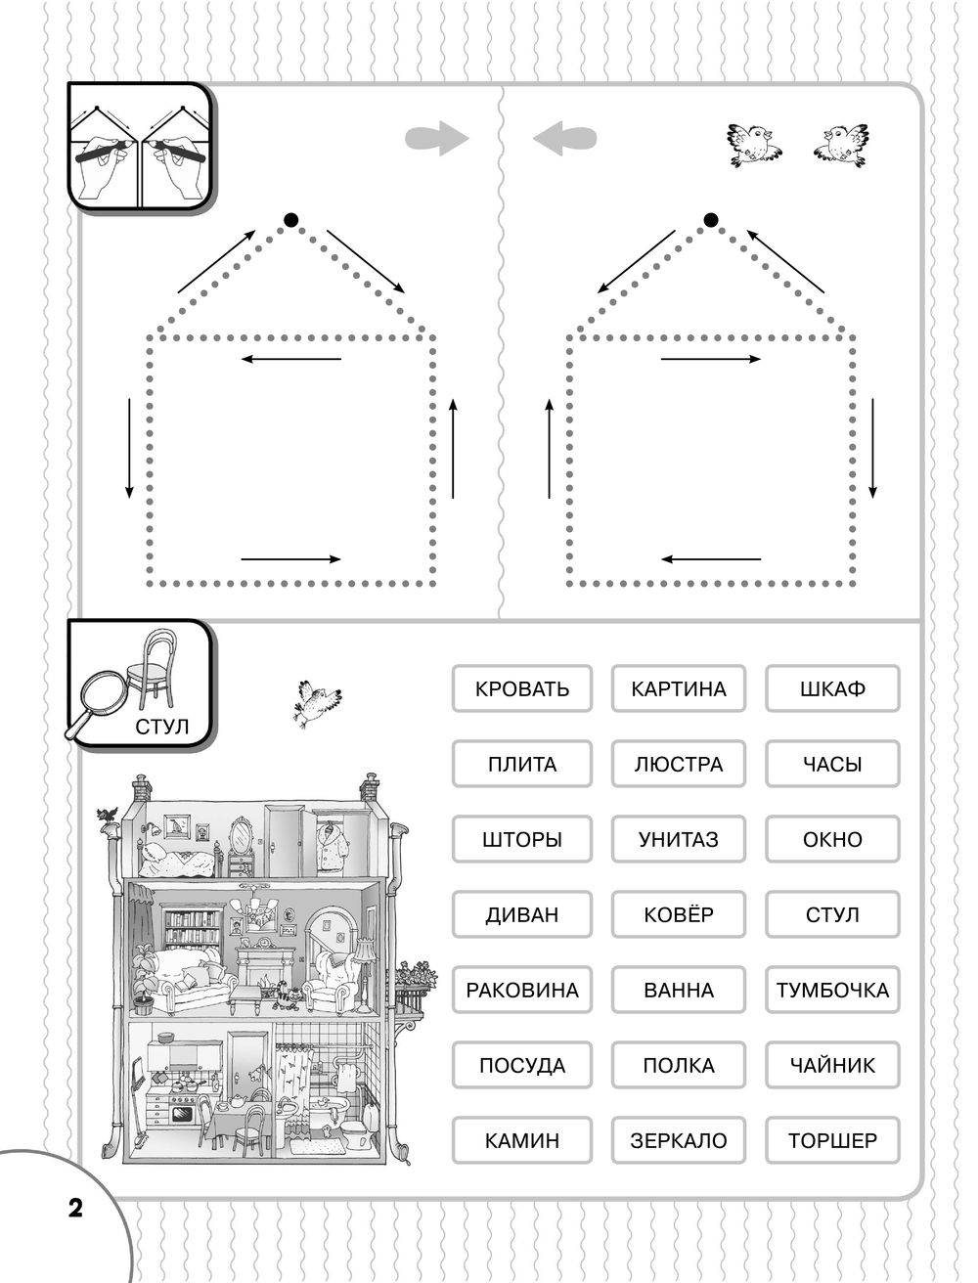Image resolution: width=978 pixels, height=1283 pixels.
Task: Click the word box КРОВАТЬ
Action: coord(521,688)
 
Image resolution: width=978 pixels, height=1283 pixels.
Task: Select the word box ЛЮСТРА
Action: coord(679,764)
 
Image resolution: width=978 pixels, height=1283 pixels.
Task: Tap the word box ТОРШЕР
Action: coord(832,1140)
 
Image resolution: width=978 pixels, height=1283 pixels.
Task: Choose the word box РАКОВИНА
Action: coord(521,990)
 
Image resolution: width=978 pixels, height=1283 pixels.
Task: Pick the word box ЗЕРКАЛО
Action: coord(679,1140)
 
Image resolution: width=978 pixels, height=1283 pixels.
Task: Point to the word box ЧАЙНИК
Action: coord(832,1065)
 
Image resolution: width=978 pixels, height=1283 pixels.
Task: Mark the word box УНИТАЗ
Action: coord(679,839)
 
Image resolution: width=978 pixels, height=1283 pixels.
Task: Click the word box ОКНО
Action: coord(832,839)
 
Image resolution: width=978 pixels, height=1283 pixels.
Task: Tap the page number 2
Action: coord(74,1207)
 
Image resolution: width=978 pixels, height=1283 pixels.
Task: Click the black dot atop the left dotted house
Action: coord(289,219)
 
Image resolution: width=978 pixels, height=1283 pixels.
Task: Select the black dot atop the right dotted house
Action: coord(711,219)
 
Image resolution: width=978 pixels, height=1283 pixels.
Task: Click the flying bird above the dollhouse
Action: coord(317,701)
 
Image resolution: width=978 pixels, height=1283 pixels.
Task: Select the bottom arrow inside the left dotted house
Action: coord(290,559)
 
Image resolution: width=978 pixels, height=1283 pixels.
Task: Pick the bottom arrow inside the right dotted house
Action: coord(711,559)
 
